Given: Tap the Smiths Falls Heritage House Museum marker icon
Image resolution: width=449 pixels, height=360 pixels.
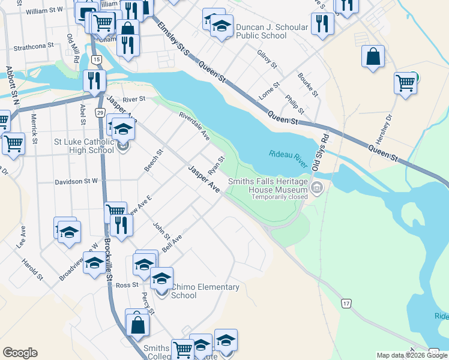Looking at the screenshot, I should (318, 190).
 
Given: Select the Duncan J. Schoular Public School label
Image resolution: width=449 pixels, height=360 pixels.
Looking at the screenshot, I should (272, 31).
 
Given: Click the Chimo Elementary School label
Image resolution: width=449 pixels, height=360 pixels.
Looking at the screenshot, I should (205, 291).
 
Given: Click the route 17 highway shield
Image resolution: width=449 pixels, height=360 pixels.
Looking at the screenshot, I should (346, 304).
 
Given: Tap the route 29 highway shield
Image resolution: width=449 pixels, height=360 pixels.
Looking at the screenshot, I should (100, 113).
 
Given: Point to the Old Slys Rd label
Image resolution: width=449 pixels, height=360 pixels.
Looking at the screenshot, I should (325, 146).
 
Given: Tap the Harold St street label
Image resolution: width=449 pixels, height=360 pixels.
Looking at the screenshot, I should (32, 269).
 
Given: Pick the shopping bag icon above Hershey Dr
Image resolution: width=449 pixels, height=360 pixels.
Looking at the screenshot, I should (373, 56).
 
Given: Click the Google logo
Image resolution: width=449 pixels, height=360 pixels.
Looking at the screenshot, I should (20, 353).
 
